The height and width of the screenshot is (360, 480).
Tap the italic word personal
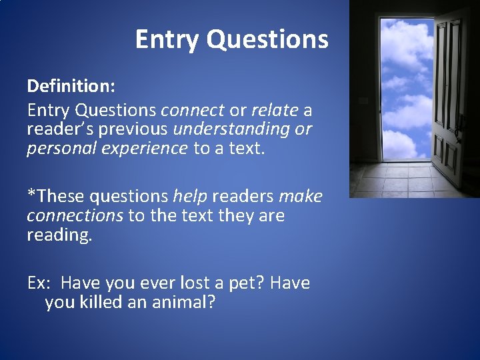[x=56, y=148]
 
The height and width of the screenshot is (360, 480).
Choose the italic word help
[x=189, y=196]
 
